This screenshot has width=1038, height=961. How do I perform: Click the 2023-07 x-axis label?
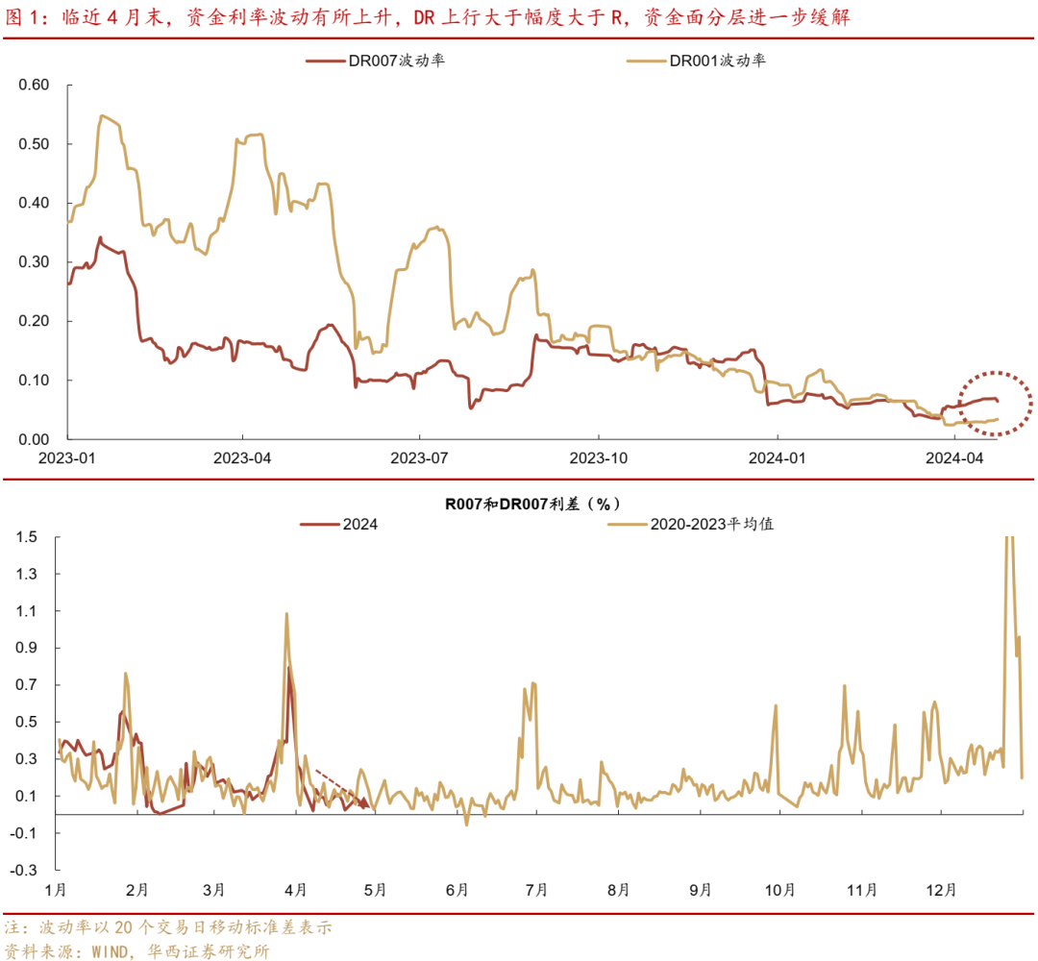point(420,458)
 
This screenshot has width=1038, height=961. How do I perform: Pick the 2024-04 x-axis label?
point(955,458)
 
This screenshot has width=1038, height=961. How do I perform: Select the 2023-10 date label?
point(599,458)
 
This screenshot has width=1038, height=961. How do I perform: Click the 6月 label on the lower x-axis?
point(457,890)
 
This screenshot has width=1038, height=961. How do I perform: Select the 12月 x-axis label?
point(947,890)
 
